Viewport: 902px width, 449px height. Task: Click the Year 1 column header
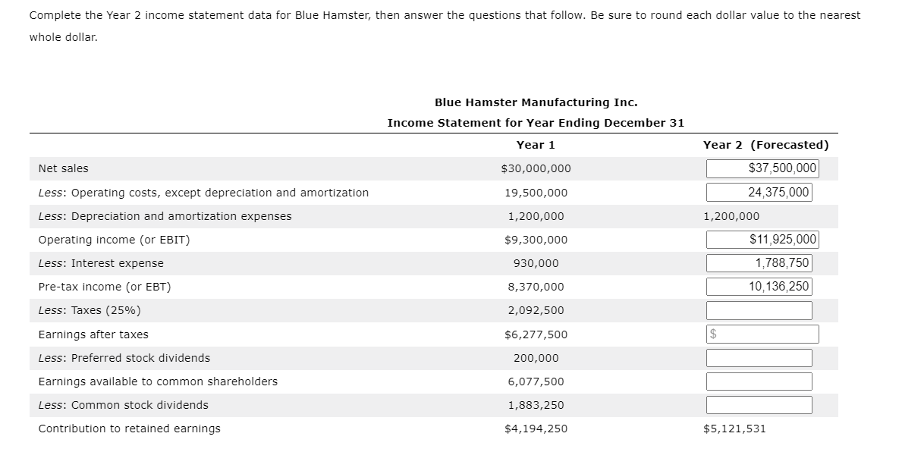coord(536,145)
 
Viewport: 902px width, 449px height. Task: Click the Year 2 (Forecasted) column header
coord(765,145)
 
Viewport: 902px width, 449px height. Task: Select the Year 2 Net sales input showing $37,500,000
coord(762,168)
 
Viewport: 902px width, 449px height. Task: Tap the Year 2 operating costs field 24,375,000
coord(759,193)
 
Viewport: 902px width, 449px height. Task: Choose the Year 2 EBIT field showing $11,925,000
coord(762,240)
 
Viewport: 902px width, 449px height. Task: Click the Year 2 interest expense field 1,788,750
coord(759,263)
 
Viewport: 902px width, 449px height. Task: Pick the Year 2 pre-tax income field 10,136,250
coord(759,287)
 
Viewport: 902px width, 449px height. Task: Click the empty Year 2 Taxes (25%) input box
coord(759,310)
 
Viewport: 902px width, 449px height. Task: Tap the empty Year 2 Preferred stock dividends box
coord(759,358)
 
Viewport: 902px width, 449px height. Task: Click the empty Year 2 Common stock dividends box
coord(759,405)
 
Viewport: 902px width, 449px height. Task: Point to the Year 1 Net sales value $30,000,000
coord(536,168)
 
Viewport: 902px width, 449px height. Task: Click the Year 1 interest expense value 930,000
coord(536,263)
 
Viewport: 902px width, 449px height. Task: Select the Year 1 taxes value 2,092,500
coord(536,310)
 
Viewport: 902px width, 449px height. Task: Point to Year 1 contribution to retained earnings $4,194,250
coord(536,429)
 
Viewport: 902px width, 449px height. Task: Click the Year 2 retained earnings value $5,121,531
coord(734,429)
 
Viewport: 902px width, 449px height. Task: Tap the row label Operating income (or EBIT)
coord(114,240)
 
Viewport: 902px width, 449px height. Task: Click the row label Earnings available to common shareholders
coord(158,381)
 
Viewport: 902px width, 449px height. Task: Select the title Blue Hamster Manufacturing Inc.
coord(536,102)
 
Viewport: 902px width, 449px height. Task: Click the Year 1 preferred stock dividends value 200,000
coord(536,358)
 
